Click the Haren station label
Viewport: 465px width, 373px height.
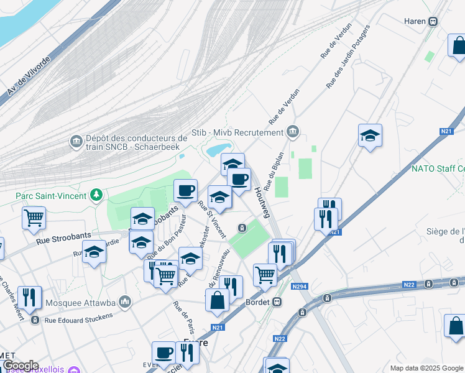[414, 21]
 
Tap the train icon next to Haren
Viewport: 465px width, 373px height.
[433, 21]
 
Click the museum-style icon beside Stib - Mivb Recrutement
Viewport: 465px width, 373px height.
[293, 132]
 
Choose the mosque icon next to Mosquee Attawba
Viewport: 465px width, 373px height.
[126, 302]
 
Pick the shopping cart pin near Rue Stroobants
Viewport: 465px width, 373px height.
[34, 218]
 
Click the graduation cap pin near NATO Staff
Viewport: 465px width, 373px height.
[370, 136]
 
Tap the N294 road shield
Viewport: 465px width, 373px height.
[300, 287]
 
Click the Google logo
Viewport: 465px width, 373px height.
[20, 366]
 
